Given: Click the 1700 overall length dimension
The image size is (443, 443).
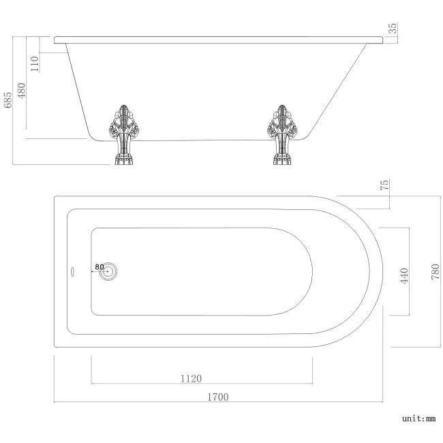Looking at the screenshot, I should pyautogui.click(x=218, y=396).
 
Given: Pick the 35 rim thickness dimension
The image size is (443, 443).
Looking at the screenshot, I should pyautogui.click(x=393, y=29).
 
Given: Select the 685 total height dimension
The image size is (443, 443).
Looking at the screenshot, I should pyautogui.click(x=8, y=101).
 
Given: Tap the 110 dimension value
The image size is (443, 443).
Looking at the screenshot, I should pyautogui.click(x=35, y=63).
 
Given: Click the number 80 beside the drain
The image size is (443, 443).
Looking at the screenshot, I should pyautogui.click(x=99, y=266).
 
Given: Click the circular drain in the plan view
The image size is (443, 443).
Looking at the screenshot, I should pyautogui.click(x=108, y=271).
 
